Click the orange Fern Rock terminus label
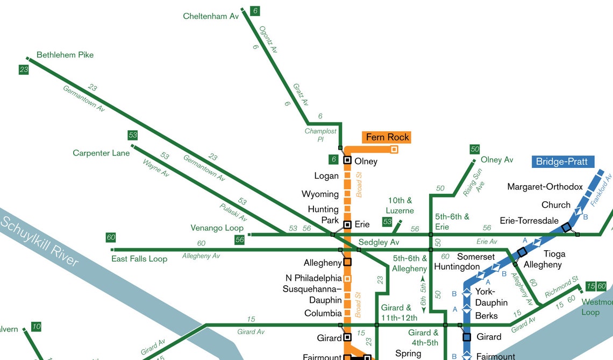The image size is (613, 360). [387, 137]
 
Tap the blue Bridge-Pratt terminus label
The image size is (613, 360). [561, 161]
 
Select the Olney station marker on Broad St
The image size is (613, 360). [347, 160]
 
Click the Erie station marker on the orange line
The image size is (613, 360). [347, 224]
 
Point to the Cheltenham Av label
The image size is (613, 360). [211, 16]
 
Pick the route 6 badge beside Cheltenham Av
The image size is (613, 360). [255, 11]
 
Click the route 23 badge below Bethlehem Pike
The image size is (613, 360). [24, 69]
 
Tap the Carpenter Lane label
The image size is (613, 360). [101, 153]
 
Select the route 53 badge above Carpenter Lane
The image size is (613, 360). [133, 135]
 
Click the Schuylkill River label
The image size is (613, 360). [40, 239]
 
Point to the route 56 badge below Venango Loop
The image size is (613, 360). [239, 239]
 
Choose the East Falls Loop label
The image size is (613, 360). [139, 259]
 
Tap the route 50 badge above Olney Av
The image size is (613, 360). [474, 149]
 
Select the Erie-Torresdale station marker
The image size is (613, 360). [566, 228]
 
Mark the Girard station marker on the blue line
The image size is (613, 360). [467, 337]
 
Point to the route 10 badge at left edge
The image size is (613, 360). [36, 327]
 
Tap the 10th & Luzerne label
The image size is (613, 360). [400, 206]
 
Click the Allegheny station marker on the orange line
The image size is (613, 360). [347, 262]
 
